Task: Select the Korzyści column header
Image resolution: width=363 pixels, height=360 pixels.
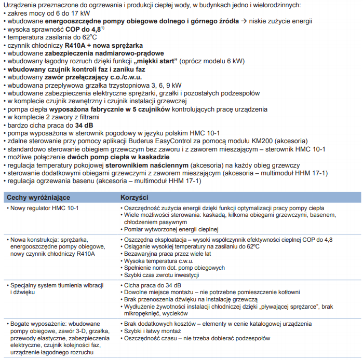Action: click(x=135, y=198)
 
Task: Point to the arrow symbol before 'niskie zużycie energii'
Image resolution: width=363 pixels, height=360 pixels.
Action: click(x=243, y=21)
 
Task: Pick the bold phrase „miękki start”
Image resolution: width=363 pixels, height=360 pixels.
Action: click(x=155, y=61)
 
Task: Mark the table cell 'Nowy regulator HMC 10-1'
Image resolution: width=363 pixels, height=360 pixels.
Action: click(x=43, y=209)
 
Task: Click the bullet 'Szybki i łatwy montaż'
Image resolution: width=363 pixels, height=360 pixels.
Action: click(x=152, y=331)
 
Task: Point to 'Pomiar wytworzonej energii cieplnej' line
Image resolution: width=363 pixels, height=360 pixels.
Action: click(x=171, y=229)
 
